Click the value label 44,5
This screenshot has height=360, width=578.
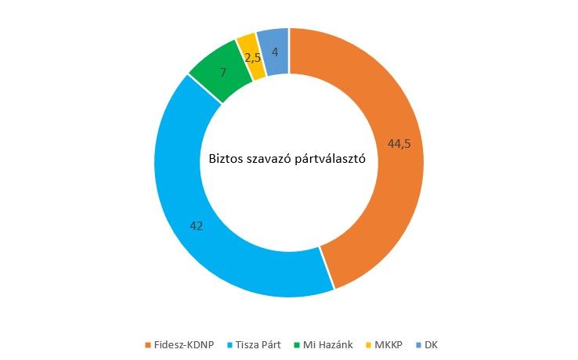399,143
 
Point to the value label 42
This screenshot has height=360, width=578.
197,225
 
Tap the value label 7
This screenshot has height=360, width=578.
223,72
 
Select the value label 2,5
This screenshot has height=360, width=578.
252,58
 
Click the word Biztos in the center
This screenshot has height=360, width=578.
226,160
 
